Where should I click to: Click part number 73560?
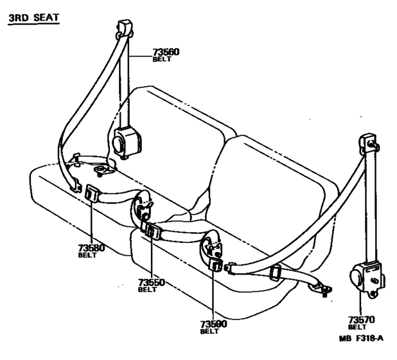(167, 52)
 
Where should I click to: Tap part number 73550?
(152, 282)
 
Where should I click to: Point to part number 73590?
(213, 325)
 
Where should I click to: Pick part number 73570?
(361, 319)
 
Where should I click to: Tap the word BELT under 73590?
(209, 332)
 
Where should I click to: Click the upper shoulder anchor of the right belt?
(367, 142)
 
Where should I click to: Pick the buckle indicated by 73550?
(153, 231)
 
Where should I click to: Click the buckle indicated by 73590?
(216, 266)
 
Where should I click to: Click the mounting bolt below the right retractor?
(372, 296)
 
